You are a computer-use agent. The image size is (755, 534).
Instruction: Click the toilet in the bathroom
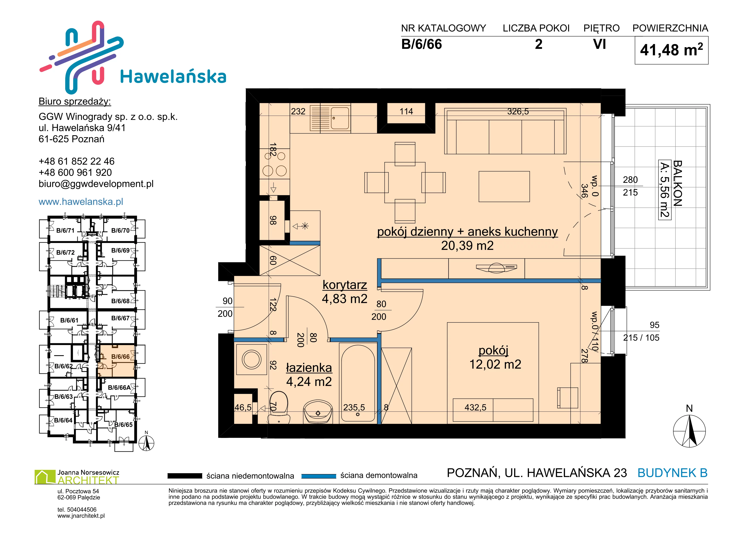(279, 408)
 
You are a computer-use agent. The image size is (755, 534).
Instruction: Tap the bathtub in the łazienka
(358, 383)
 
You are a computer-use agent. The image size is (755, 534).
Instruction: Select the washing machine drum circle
(251, 359)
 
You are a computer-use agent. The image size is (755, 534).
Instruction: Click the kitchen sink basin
(340, 118)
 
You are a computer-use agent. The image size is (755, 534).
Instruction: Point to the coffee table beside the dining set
(504, 186)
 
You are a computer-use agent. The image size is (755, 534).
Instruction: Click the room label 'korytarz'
(345, 285)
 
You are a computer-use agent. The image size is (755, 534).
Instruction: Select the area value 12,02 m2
(495, 364)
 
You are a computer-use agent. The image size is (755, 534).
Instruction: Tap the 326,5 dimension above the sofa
(518, 112)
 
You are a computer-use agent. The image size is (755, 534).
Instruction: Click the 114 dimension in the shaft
(406, 112)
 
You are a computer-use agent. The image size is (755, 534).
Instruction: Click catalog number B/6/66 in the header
(422, 44)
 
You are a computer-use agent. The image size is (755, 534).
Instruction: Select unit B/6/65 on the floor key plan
(123, 424)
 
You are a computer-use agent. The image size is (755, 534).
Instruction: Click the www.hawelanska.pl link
(81, 202)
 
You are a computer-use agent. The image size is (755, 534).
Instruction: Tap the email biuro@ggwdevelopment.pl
(96, 184)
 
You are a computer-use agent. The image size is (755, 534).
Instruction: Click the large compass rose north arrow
(690, 430)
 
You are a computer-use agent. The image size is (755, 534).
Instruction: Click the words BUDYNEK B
(673, 473)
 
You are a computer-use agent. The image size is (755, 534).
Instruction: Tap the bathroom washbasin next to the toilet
(318, 411)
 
